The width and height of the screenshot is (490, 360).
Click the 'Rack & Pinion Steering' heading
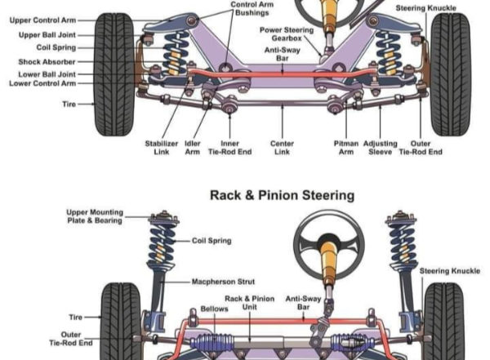[282, 195]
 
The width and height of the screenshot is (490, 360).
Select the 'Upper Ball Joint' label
[47, 35]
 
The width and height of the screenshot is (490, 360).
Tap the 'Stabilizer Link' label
[161, 147]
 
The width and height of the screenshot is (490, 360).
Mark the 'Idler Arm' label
[192, 147]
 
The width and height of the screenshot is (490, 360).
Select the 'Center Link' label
[282, 147]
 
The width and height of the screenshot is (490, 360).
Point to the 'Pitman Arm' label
[345, 147]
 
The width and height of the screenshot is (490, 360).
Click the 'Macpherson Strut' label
[225, 282]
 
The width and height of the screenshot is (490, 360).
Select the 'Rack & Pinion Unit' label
[249, 303]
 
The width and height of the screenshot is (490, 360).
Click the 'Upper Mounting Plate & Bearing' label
[95, 216]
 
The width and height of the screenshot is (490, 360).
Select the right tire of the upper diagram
[450, 73]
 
